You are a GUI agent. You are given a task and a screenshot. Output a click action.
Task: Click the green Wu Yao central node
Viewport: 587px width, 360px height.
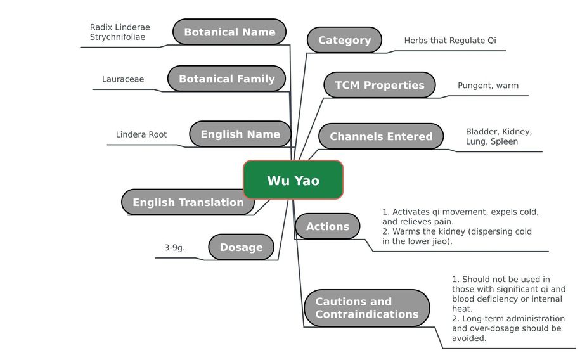293,180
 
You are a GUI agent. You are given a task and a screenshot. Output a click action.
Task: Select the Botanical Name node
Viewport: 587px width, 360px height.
229,32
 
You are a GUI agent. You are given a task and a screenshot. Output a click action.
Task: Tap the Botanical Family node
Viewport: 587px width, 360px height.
226,79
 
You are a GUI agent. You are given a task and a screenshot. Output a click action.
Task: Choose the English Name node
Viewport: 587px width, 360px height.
240,134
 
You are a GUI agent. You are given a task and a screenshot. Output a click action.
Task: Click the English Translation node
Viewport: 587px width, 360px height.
188,202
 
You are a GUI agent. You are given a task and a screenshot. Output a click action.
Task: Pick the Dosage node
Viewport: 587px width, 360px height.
241,247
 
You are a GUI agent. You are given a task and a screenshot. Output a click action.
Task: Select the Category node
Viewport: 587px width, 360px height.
344,40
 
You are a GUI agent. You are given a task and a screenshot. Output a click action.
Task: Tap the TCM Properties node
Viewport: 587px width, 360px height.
380,85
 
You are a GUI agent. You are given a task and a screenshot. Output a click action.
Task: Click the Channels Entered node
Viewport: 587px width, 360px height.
381,136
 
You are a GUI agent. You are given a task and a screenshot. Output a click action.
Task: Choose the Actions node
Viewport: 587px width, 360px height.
328,226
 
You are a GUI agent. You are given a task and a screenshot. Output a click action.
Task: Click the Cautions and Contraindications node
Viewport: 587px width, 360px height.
367,307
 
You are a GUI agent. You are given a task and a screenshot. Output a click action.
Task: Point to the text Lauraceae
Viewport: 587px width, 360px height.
123,79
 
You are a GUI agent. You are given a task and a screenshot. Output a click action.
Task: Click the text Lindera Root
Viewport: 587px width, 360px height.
141,134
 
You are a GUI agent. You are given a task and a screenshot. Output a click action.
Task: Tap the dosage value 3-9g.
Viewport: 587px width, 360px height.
174,247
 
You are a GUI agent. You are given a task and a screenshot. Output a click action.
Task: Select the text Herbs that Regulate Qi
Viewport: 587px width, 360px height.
450,41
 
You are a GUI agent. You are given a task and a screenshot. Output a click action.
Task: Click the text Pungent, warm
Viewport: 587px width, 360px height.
488,86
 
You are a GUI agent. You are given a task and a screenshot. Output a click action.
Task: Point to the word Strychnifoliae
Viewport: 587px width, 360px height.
117,37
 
